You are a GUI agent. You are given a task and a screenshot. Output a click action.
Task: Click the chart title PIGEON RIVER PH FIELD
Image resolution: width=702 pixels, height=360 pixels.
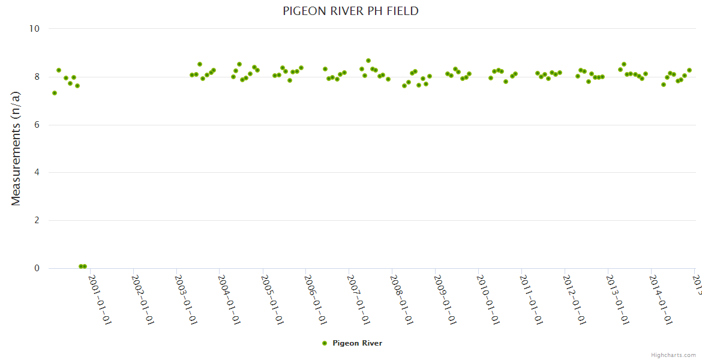pyautogui.click(x=350, y=11)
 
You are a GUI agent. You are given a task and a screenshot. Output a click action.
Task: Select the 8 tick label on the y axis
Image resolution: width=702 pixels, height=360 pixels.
pyautogui.click(x=36, y=77)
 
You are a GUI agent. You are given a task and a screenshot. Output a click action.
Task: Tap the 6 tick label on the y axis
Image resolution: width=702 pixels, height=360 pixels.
pyautogui.click(x=36, y=125)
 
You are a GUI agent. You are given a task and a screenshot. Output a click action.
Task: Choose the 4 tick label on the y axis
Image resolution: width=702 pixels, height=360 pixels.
pyautogui.click(x=36, y=173)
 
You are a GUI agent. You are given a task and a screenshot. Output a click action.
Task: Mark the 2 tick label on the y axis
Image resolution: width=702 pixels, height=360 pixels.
pyautogui.click(x=36, y=221)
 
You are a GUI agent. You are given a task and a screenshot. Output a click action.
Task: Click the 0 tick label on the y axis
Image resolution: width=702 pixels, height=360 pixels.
pyautogui.click(x=36, y=269)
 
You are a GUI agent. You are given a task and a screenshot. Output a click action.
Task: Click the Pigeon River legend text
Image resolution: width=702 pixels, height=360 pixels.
pyautogui.click(x=357, y=343)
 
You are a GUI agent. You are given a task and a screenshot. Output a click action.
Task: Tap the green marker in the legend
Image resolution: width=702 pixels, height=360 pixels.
pyautogui.click(x=325, y=343)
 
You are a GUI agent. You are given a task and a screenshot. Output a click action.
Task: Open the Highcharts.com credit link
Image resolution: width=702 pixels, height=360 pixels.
pyautogui.click(x=673, y=355)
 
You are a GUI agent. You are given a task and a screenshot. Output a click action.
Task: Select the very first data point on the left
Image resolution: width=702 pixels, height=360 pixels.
pyautogui.click(x=55, y=93)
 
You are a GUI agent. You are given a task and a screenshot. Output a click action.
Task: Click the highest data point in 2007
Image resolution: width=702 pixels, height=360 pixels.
pyautogui.click(x=368, y=61)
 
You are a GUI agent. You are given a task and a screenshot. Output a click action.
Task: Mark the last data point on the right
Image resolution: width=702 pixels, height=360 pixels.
pyautogui.click(x=689, y=70)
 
